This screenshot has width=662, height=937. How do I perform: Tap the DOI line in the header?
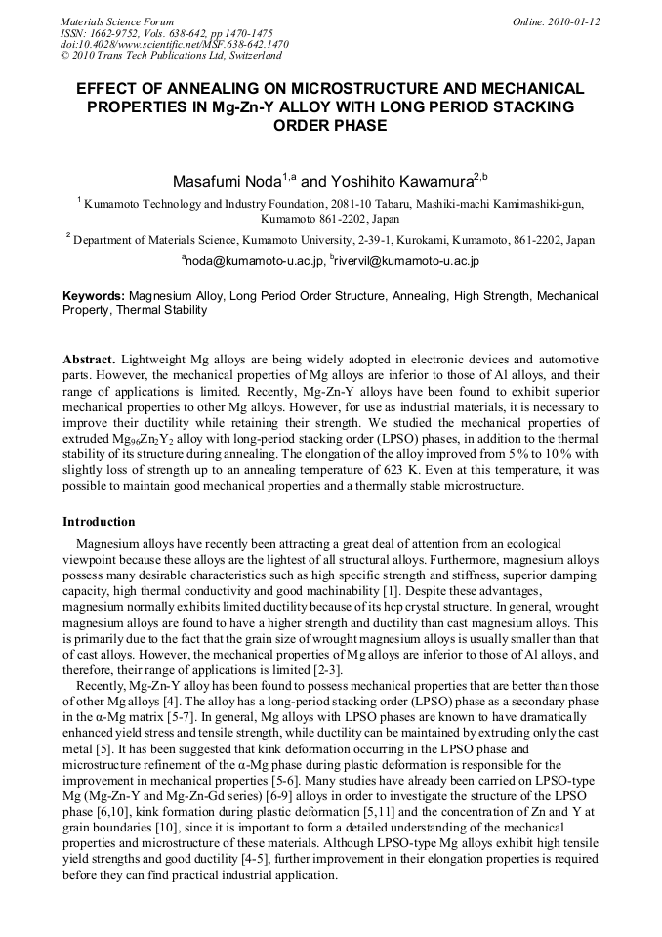[174, 45]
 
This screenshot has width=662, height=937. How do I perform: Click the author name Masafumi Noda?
[227, 181]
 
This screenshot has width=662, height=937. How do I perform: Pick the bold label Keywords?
[94, 295]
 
